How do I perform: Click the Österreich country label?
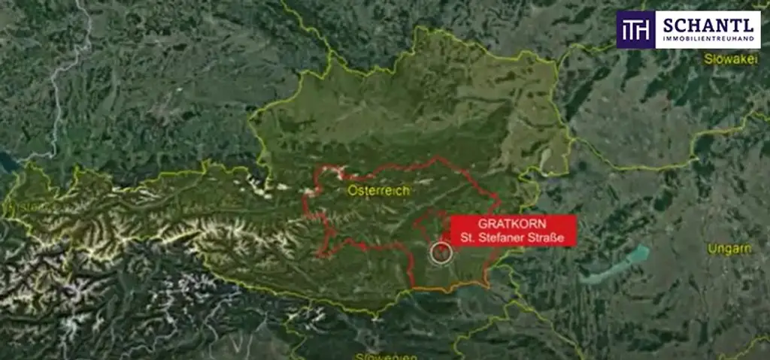point(378,192)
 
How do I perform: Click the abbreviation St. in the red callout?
point(469,238)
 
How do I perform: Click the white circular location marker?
point(441,253)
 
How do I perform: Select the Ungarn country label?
point(729,249)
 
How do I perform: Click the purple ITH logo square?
point(635,30)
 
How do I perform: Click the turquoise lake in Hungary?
point(617,265)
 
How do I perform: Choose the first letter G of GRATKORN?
point(482,225)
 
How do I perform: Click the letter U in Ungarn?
point(711,249)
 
